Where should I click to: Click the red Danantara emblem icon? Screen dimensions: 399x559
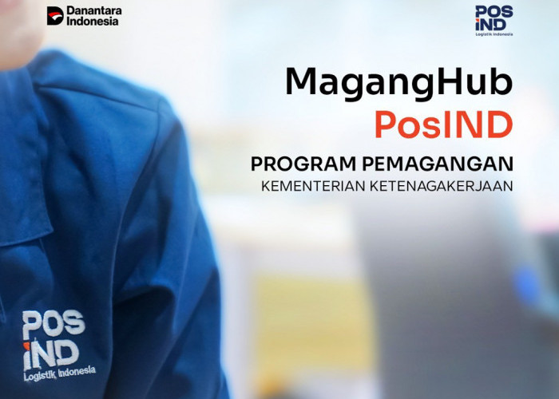coord(54,15)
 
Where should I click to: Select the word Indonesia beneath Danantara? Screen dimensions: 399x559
coord(93,22)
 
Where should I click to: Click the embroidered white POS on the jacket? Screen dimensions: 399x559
coord(53,325)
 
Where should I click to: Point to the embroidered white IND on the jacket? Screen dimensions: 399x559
coord(51,351)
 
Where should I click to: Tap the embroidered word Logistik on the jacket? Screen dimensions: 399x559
coord(40,373)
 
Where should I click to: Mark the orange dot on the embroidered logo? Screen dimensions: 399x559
coord(28,340)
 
